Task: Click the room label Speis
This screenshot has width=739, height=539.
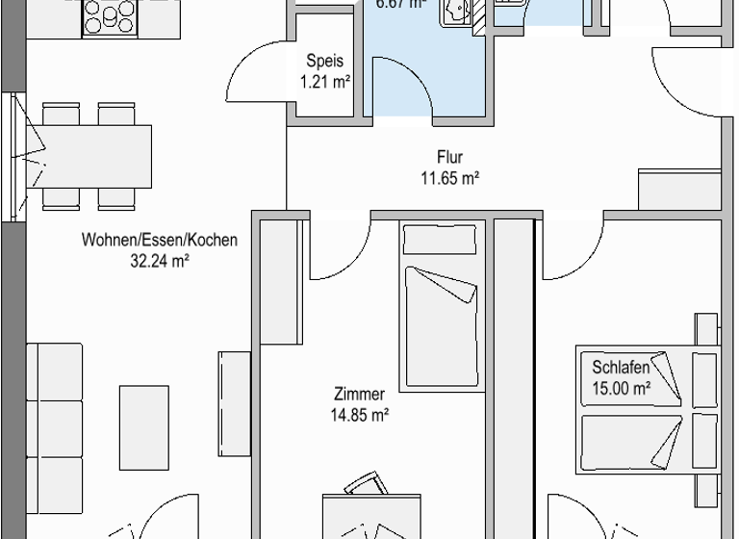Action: coord(322,59)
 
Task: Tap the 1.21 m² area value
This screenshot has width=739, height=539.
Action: coord(322,82)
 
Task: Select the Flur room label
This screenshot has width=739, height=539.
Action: coord(449,157)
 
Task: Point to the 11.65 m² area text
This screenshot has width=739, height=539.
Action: coord(449,178)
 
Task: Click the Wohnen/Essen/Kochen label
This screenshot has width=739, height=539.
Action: coord(160,240)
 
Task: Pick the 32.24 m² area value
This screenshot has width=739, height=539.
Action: coord(160,260)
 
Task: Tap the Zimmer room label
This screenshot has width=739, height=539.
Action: coord(360,394)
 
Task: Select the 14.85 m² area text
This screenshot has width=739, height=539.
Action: coord(360,416)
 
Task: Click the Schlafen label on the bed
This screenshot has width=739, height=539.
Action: coord(621,368)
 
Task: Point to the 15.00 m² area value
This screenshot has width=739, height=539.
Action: coord(621,389)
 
